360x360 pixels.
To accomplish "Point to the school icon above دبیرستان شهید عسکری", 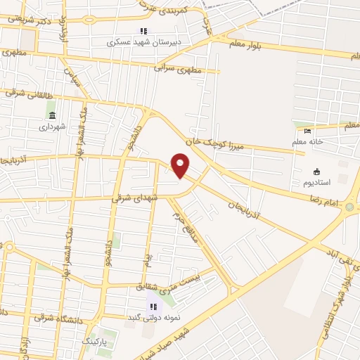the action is [143, 31].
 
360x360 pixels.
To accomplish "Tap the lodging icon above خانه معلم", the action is [307, 130].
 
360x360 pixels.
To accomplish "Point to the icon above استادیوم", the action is [316, 172].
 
